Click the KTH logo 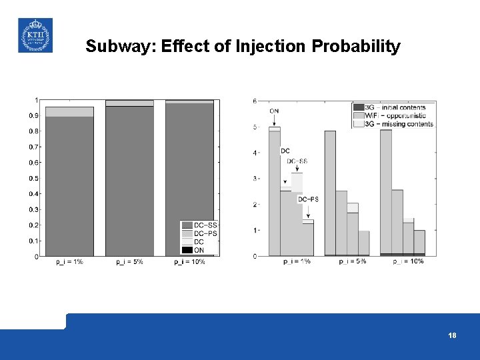click(34, 35)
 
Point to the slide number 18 click(452, 335)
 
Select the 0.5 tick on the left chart click(33, 178)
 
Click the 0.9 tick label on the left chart click(33, 115)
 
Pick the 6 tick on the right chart click(255, 101)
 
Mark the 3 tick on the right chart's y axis click(255, 179)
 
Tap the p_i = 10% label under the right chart click(408, 261)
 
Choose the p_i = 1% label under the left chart click(69, 262)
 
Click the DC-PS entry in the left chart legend click(205, 233)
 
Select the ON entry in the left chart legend click(199, 250)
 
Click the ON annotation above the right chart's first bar click(274, 111)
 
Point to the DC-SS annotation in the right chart click(297, 161)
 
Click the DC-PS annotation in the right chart click(307, 199)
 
